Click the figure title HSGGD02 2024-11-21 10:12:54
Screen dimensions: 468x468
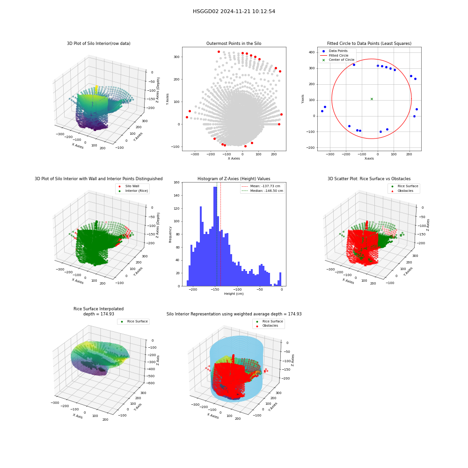pyautogui.click(x=234, y=11)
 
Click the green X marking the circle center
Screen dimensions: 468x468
pyautogui.click(x=372, y=99)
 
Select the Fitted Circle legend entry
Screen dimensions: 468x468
pyautogui.click(x=334, y=56)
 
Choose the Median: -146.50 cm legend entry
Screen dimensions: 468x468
pyautogui.click(x=262, y=191)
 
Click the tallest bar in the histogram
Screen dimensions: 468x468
pyautogui.click(x=215, y=236)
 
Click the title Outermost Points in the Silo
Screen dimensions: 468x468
pyautogui.click(x=234, y=44)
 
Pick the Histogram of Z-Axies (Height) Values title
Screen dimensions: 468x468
pyautogui.click(x=234, y=179)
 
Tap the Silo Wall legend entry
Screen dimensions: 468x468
pyautogui.click(x=129, y=186)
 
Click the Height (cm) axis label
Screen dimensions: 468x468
pyautogui.click(x=234, y=294)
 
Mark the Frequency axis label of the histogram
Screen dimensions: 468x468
pyautogui.click(x=170, y=234)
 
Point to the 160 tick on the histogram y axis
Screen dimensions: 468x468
pyautogui.click(x=176, y=183)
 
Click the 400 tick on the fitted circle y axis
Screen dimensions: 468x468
pyautogui.click(x=312, y=52)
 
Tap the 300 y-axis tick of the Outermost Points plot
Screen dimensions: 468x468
pyautogui.click(x=176, y=57)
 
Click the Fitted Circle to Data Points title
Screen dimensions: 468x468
pyautogui.click(x=369, y=44)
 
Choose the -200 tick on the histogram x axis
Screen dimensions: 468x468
pyautogui.click(x=193, y=290)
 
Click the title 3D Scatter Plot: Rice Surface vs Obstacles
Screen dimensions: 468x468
pyautogui.click(x=369, y=179)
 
